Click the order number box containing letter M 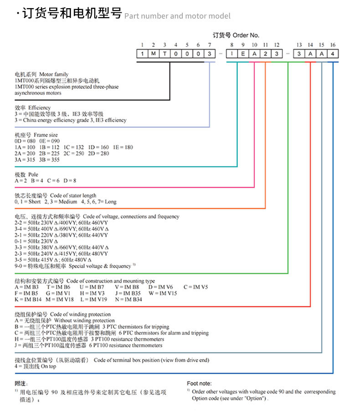[x=154, y=54]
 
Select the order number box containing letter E [x=243, y=54]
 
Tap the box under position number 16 [x=333, y=54]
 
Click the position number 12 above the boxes [x=277, y=45]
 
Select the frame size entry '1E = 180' [x=123, y=147]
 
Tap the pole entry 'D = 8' [x=70, y=181]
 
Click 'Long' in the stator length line [x=111, y=202]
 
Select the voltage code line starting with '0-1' [x=36, y=241]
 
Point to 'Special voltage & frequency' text [x=100, y=266]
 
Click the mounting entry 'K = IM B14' [x=28, y=299]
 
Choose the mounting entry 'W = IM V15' [x=163, y=293]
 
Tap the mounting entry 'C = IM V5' [x=195, y=287]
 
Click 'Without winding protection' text [x=84, y=321]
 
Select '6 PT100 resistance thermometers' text [x=126, y=345]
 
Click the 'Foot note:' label [x=199, y=383]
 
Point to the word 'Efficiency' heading [x=39, y=108]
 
